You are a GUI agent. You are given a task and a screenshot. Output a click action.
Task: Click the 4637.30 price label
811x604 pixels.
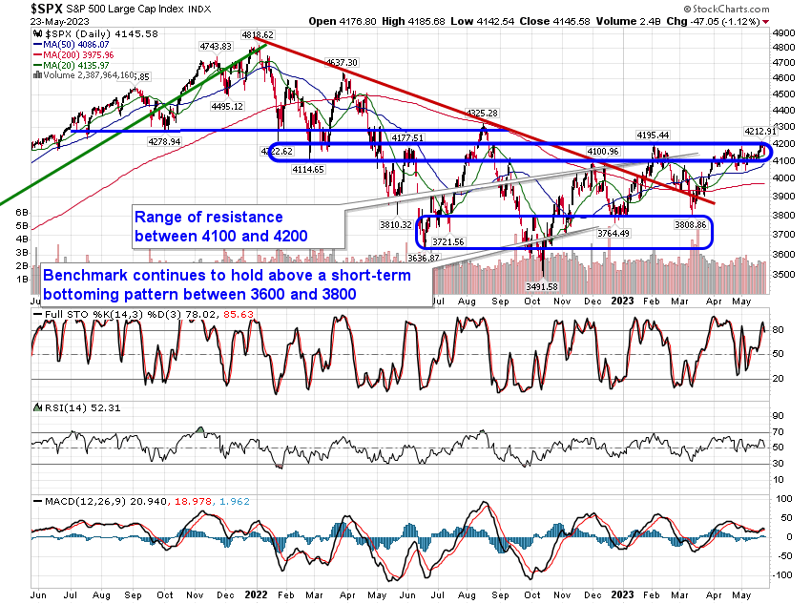(342, 62)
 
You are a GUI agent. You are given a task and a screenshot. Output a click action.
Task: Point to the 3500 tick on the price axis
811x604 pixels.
(786, 274)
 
